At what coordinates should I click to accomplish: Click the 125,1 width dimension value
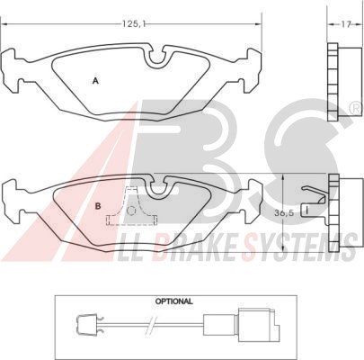(134, 23)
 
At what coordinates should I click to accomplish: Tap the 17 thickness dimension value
(346, 24)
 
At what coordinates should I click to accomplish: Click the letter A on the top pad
(95, 80)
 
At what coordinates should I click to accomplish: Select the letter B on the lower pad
(98, 206)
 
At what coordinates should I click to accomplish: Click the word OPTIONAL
(173, 301)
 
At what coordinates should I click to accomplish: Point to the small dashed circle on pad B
(131, 211)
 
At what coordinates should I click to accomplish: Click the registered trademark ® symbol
(357, 108)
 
